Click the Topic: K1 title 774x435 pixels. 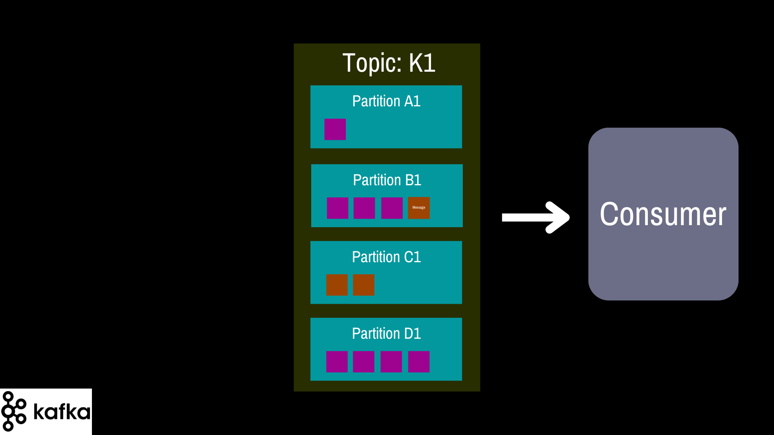point(389,63)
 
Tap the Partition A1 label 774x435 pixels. point(386,101)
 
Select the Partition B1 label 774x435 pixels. point(387,180)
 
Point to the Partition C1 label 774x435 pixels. point(386,257)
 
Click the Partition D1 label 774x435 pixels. point(386,333)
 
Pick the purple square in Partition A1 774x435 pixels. point(335,129)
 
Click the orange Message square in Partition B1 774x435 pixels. point(419,208)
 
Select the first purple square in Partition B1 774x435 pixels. point(337,208)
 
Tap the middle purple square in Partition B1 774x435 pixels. point(364,208)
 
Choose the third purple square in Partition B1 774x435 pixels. point(392,208)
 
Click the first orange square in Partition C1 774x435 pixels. point(337,285)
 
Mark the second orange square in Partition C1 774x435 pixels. point(364,285)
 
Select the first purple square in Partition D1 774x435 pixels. point(337,362)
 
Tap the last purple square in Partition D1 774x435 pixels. point(419,362)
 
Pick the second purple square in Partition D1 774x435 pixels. point(364,362)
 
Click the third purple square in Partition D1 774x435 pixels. point(391,362)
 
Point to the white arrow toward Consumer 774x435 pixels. point(536,217)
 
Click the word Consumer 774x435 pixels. point(663,214)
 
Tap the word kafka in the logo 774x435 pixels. point(62,411)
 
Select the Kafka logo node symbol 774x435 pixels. point(14,411)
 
